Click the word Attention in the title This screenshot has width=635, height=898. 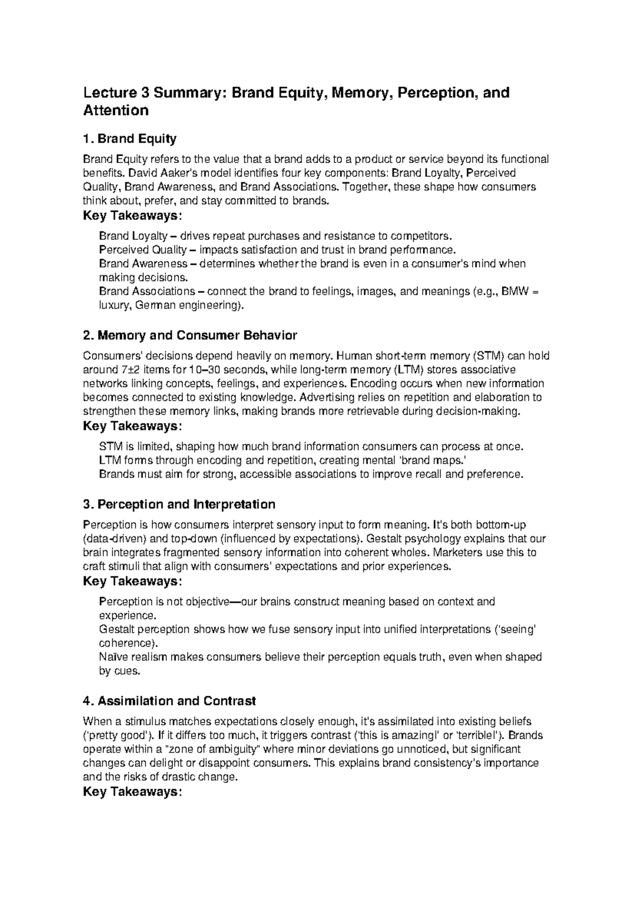(x=116, y=111)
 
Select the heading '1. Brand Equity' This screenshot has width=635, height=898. (x=130, y=139)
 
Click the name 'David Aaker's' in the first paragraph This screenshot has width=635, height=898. (x=161, y=173)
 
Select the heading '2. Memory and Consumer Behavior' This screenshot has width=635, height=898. (x=190, y=335)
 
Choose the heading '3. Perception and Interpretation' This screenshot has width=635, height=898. (x=179, y=504)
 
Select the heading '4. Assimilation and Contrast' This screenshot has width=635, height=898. (x=169, y=701)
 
